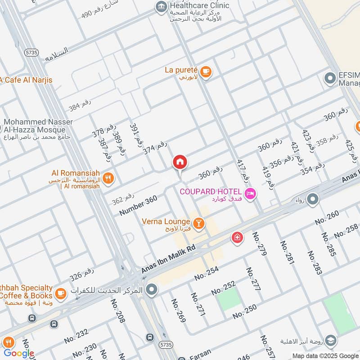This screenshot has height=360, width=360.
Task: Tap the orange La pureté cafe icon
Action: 206,72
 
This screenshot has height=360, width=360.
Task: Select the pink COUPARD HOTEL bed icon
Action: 251,194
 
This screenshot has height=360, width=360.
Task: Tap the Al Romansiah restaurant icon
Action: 108,179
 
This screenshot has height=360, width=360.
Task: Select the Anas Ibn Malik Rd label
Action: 169,259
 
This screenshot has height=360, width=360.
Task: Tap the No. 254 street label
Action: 207,273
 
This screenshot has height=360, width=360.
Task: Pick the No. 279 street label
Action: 260,244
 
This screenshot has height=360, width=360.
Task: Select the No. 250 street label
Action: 244,311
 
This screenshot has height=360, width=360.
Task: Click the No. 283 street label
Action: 315,262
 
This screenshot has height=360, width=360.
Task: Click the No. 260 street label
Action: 327,218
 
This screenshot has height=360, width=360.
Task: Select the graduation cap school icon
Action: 330,341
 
